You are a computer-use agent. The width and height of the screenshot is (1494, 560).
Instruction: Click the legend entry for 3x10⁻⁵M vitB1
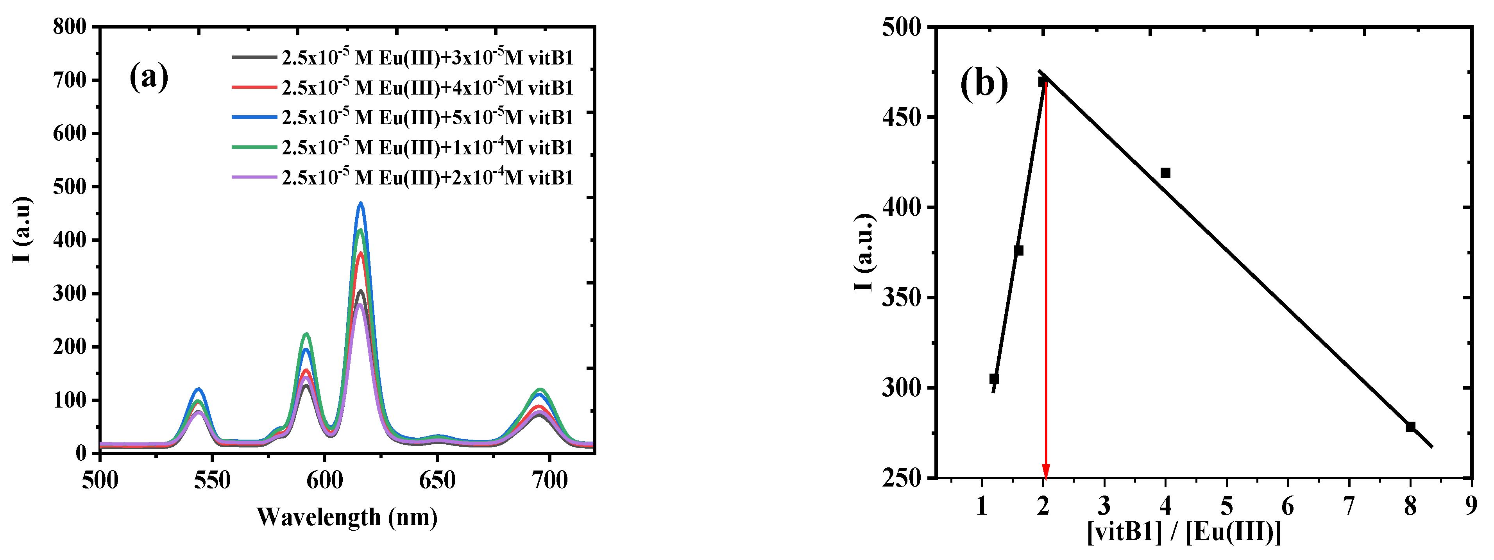coord(428,57)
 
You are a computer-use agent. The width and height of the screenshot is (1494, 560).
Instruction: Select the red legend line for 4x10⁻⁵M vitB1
coord(254,87)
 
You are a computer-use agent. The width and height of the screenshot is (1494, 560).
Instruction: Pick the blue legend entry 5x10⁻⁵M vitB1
coord(428,117)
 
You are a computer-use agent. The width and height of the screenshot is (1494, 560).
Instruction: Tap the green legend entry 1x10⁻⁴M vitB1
coord(428,147)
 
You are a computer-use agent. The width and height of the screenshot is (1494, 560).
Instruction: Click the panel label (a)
coord(149,77)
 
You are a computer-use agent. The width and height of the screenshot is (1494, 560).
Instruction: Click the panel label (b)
coord(984,84)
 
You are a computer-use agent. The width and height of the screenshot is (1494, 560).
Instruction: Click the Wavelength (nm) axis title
coord(347,517)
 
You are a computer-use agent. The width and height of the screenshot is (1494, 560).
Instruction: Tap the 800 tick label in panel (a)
coord(70,27)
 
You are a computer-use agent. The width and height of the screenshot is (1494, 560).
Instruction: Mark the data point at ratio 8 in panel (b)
coord(1410,427)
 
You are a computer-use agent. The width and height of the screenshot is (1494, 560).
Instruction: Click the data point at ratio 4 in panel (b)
coord(1165,173)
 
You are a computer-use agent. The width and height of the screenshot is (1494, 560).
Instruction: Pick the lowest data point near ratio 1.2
coord(994,379)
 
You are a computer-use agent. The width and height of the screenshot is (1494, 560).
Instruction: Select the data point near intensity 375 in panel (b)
coord(1018,250)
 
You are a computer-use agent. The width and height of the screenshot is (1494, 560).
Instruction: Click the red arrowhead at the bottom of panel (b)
coord(1046,471)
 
